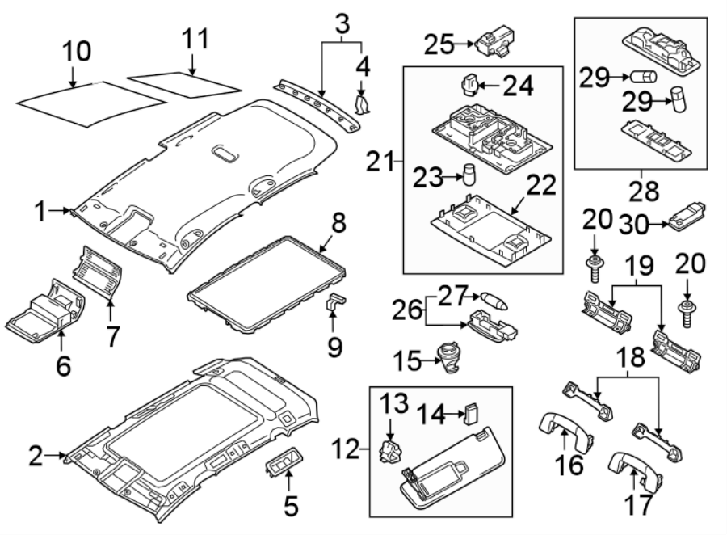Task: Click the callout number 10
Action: [78, 53]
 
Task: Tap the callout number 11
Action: [195, 38]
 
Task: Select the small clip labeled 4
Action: [363, 103]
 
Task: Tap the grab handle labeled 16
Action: [561, 428]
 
